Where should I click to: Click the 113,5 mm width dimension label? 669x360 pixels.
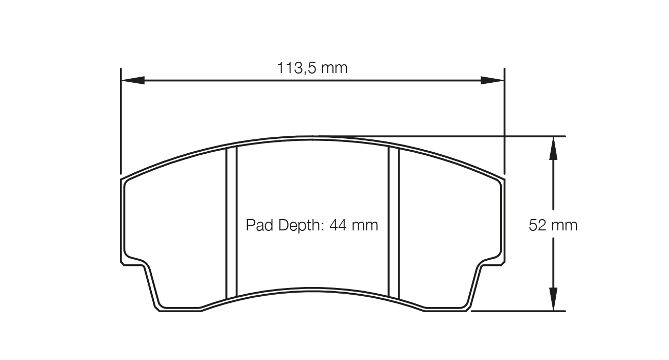(x=312, y=68)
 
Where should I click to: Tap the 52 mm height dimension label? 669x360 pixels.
(x=553, y=225)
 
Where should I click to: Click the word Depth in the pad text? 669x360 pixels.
(x=297, y=225)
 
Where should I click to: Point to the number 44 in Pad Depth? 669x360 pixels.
(x=339, y=225)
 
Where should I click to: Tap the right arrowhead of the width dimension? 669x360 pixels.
(x=492, y=80)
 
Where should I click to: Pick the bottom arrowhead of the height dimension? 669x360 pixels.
(x=553, y=300)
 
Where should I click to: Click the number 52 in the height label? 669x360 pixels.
(x=537, y=225)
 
